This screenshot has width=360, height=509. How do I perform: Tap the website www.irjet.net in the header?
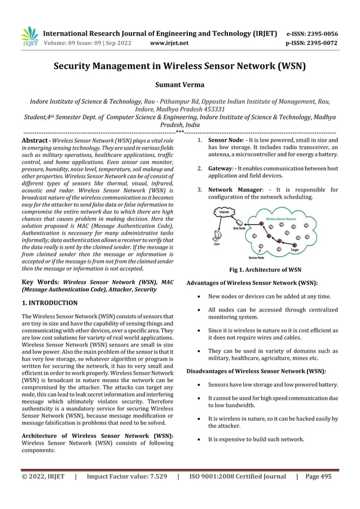pyautogui.click(x=170, y=42)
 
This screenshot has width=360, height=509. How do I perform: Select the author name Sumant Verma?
pyautogui.click(x=179, y=86)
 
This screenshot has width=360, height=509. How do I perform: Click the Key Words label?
pyautogui.click(x=40, y=281)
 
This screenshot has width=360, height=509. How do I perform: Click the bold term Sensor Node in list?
pyautogui.click(x=226, y=139)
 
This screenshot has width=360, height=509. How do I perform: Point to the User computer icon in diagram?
pyautogui.click(x=217, y=236)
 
